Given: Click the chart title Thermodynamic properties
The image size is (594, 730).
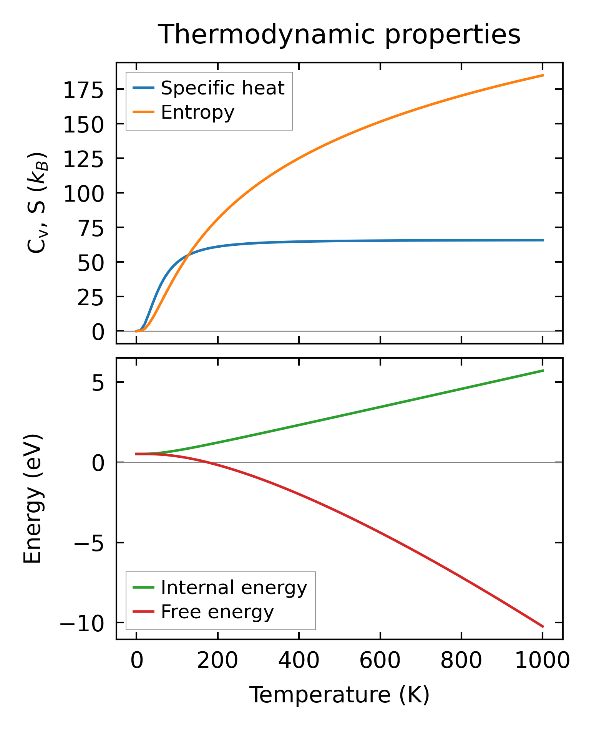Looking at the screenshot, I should point(339,35).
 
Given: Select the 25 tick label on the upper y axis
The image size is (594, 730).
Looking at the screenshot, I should point(91,298).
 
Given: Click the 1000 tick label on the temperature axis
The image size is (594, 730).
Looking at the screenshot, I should point(542,661).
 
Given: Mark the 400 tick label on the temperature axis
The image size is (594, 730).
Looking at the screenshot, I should point(299,661).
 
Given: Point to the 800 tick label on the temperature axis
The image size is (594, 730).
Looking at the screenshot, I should point(461,661).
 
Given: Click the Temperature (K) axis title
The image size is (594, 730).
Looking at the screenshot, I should point(339,695).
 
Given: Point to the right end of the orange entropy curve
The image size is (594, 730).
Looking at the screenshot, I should point(543,75).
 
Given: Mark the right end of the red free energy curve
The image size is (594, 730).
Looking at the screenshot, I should point(543,627).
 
